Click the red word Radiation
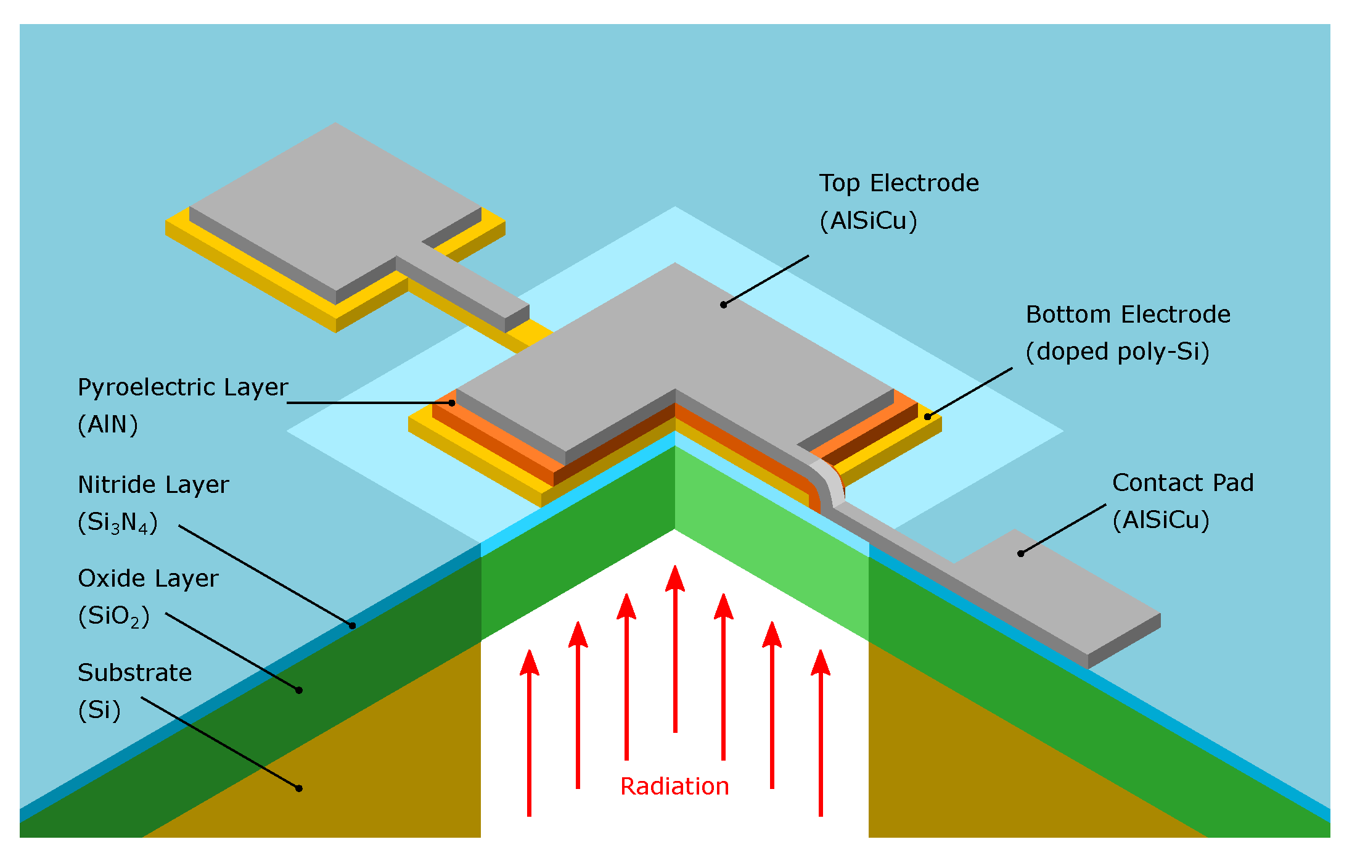coord(674,787)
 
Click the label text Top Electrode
coord(899,183)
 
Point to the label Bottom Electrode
coord(1128,315)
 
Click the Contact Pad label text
coord(1182,483)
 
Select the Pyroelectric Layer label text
coord(182,387)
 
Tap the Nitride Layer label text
coord(153,485)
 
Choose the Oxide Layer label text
coord(148,579)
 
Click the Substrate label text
coord(134,672)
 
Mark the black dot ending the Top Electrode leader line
coord(724,305)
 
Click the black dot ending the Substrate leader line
coord(299,788)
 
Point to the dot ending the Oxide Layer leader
coord(299,690)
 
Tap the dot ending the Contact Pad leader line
coord(1021,554)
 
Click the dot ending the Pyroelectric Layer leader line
coord(452,403)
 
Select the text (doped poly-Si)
coord(1117,352)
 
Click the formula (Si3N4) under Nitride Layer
coord(118,522)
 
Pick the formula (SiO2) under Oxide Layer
coord(114,616)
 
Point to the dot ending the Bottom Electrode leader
coord(927,417)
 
